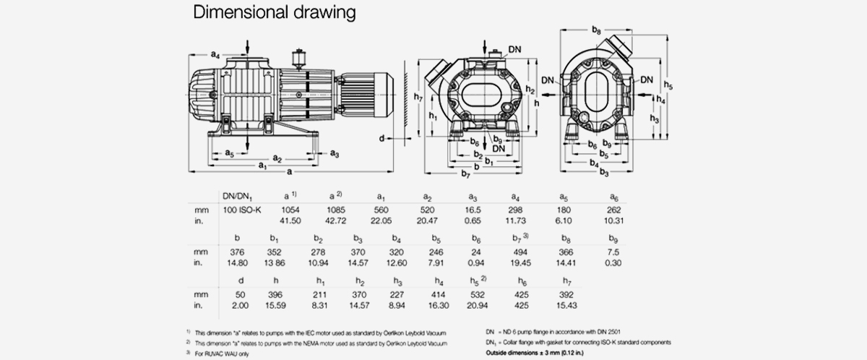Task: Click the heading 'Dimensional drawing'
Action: click(x=273, y=13)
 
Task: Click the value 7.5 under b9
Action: click(x=612, y=252)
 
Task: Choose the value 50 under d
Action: click(x=241, y=295)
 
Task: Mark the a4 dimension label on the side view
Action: click(x=215, y=55)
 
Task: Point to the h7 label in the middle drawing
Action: click(x=418, y=97)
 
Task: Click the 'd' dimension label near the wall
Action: click(x=381, y=137)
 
